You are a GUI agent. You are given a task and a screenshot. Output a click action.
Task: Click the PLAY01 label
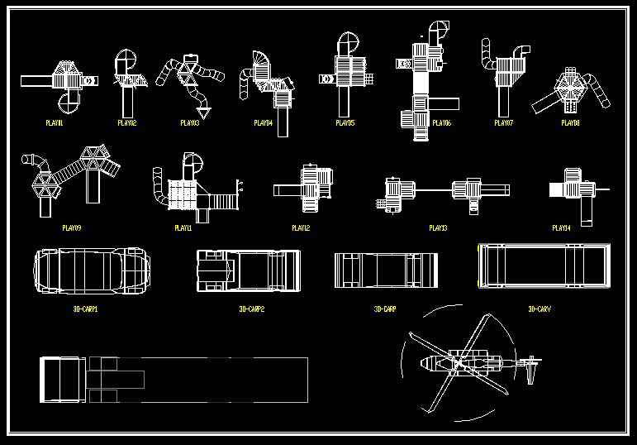point(55,122)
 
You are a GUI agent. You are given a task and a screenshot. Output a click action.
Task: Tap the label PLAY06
point(441,122)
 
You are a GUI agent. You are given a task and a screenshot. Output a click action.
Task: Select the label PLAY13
point(438,227)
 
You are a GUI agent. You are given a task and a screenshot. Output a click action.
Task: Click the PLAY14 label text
point(561,227)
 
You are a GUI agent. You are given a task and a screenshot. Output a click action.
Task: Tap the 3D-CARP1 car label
point(85,309)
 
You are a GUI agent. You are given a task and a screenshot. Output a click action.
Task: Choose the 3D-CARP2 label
point(251,309)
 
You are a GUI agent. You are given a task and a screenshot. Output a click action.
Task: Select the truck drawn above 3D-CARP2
point(247,270)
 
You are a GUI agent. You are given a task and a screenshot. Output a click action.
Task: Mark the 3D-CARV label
point(540,309)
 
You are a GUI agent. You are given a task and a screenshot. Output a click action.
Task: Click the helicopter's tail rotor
point(530,364)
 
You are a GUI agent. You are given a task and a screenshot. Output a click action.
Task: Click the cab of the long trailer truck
point(62,380)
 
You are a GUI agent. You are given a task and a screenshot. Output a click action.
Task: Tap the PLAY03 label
point(189,122)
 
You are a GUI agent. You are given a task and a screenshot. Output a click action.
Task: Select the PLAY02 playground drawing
point(126,79)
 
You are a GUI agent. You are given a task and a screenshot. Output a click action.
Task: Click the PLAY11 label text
point(183,227)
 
